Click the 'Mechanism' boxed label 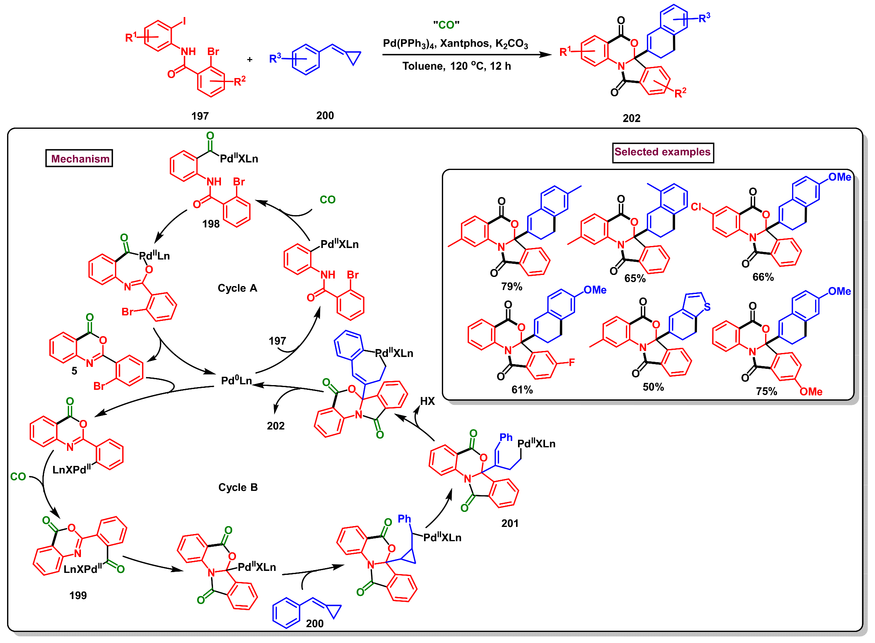pyautogui.click(x=79, y=158)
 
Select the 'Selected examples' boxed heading pyautogui.click(x=662, y=152)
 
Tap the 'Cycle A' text pyautogui.click(x=237, y=288)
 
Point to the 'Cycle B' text pyautogui.click(x=238, y=487)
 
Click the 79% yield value pyautogui.click(x=511, y=286)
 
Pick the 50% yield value pyautogui.click(x=653, y=387)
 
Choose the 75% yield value pyautogui.click(x=766, y=391)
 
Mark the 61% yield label pyautogui.click(x=522, y=390)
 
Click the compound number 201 pyautogui.click(x=510, y=523)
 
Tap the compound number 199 pyautogui.click(x=78, y=595)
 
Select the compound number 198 pyautogui.click(x=211, y=224)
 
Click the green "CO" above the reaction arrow pyautogui.click(x=446, y=25)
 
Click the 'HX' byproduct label pyautogui.click(x=427, y=401)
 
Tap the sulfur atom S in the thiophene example pyautogui.click(x=707, y=307)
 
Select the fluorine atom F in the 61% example pyautogui.click(x=572, y=363)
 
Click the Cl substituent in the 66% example pyautogui.click(x=696, y=207)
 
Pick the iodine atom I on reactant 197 pyautogui.click(x=184, y=21)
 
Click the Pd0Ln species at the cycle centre pyautogui.click(x=236, y=381)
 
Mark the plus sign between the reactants pyautogui.click(x=249, y=60)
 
